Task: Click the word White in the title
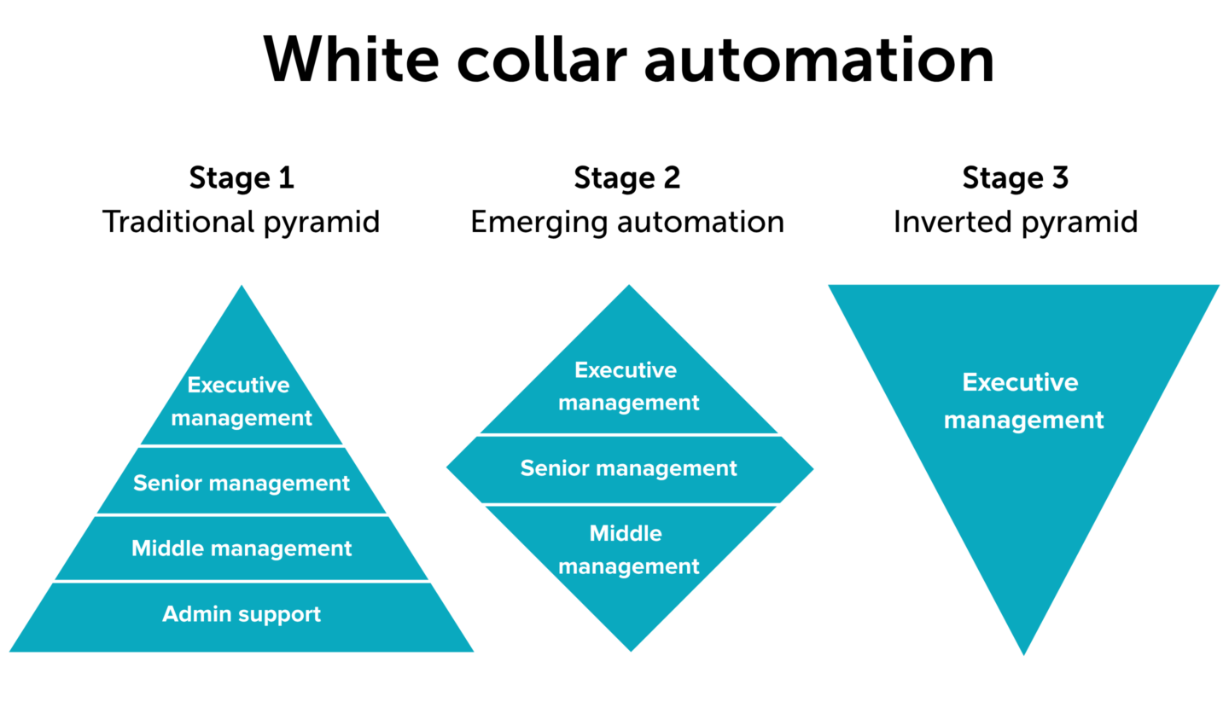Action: (351, 59)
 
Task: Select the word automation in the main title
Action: (819, 59)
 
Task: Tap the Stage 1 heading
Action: (242, 178)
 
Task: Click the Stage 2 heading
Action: (627, 178)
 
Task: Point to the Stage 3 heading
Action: (1015, 178)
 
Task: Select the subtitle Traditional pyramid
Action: (241, 223)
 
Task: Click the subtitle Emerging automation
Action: (627, 223)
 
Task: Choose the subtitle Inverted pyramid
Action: (1016, 223)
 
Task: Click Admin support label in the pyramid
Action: (242, 614)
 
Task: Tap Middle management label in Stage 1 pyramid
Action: (242, 548)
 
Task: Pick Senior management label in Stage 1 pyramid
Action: (242, 483)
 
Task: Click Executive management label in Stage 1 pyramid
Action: (242, 402)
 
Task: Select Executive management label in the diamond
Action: (629, 386)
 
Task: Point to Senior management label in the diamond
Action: (629, 468)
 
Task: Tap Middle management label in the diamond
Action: (629, 549)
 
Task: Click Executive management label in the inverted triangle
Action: (1023, 402)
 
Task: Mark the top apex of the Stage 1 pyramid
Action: (242, 285)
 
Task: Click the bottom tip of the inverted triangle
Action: (1024, 655)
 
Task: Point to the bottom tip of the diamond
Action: (631, 652)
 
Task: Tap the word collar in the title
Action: (542, 59)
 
